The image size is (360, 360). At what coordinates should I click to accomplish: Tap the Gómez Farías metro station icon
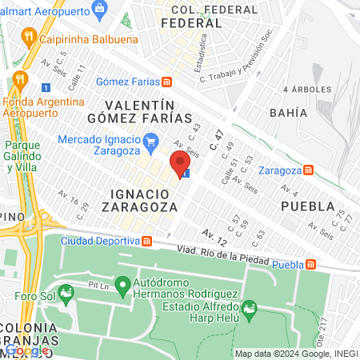point(166,82)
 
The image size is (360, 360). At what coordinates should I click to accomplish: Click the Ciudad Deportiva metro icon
point(147,241)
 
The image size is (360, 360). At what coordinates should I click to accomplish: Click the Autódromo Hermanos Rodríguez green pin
point(122,284)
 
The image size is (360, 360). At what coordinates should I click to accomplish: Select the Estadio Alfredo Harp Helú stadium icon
point(249,307)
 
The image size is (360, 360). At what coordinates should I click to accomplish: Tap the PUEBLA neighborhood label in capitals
point(307,206)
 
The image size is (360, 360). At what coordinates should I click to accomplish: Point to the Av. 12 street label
point(214,236)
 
